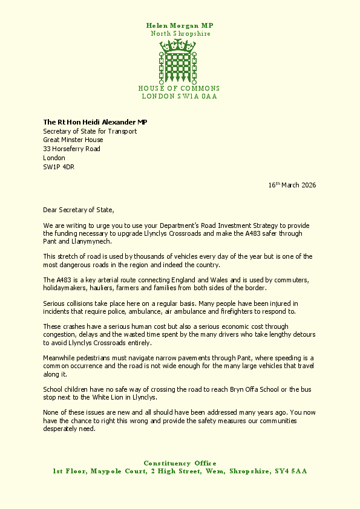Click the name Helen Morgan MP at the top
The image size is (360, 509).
click(x=180, y=25)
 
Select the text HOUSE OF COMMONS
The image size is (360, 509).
click(x=179, y=88)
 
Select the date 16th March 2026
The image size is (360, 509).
click(x=292, y=185)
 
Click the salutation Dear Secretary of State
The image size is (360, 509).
click(x=79, y=209)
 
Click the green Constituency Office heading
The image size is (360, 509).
click(x=180, y=463)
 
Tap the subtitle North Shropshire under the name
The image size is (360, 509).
click(x=180, y=34)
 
